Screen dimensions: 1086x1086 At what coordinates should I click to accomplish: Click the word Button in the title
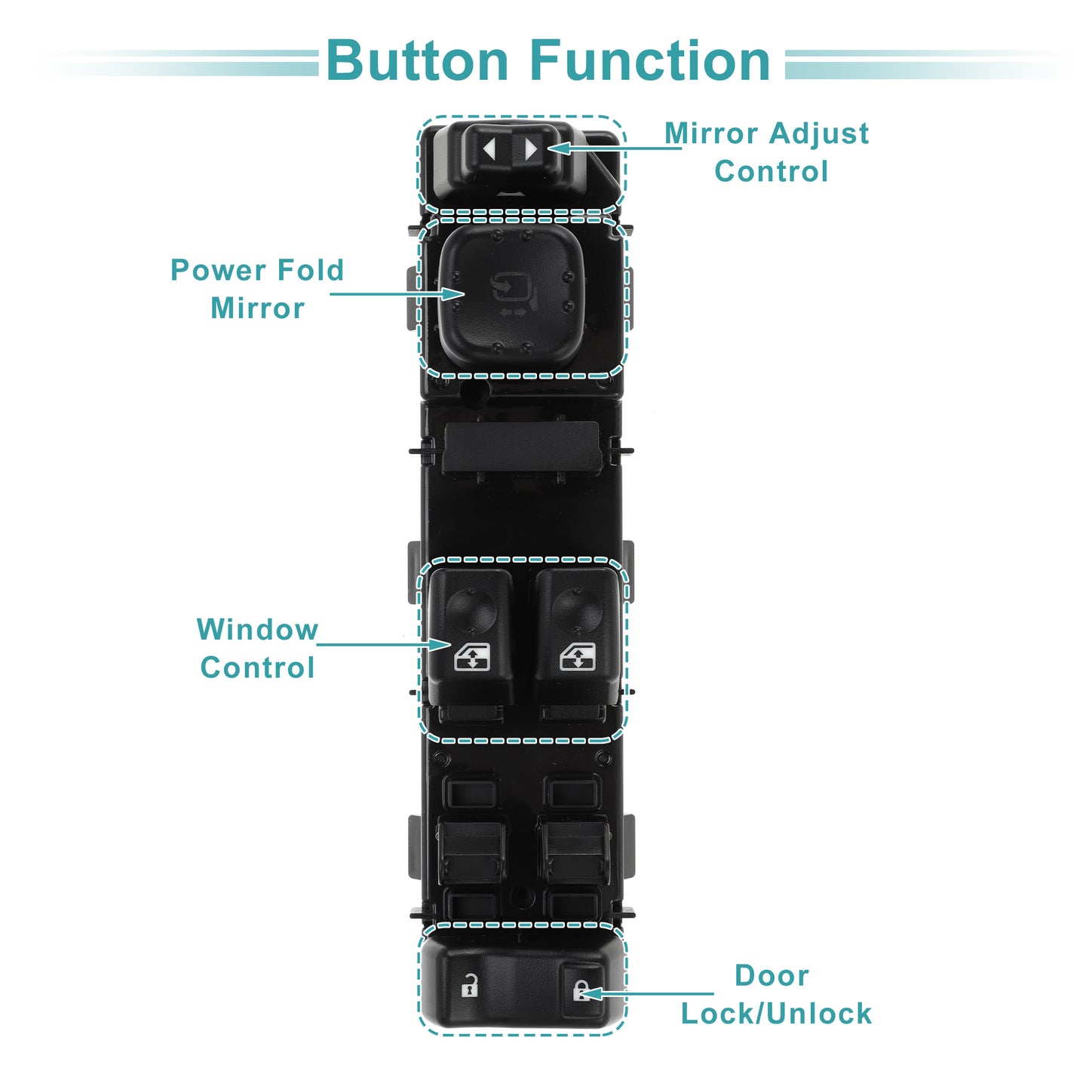(417, 61)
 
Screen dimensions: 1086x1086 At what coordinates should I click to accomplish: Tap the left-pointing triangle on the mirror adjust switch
(489, 149)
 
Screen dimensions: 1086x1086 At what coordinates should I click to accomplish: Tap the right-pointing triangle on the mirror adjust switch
(531, 149)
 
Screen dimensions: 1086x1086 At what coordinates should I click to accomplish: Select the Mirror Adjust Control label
(768, 152)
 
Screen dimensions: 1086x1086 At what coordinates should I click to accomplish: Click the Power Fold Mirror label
(257, 289)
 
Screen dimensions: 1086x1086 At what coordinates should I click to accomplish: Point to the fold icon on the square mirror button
(514, 290)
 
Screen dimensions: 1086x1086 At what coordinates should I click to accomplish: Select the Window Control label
(257, 649)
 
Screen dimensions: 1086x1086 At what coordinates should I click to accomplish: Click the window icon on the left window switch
(472, 657)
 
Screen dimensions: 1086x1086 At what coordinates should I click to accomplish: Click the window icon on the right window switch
(578, 657)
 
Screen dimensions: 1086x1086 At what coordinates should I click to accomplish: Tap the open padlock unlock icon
(470, 986)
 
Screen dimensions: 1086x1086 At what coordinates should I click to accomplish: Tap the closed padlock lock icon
(581, 989)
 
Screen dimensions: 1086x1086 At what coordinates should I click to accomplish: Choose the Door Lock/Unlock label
(775, 995)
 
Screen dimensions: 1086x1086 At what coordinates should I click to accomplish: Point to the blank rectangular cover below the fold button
(522, 446)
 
